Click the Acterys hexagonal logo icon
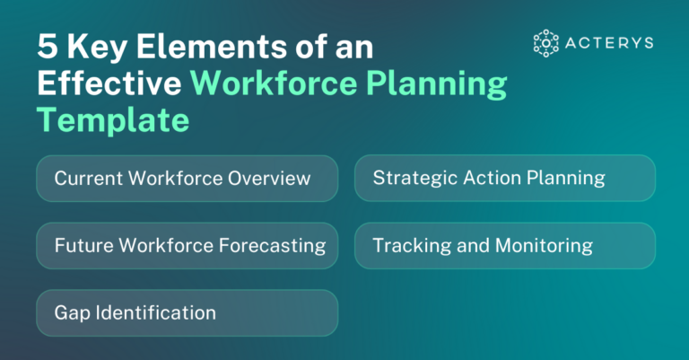click(545, 42)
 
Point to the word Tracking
click(406, 245)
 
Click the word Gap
click(70, 312)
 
